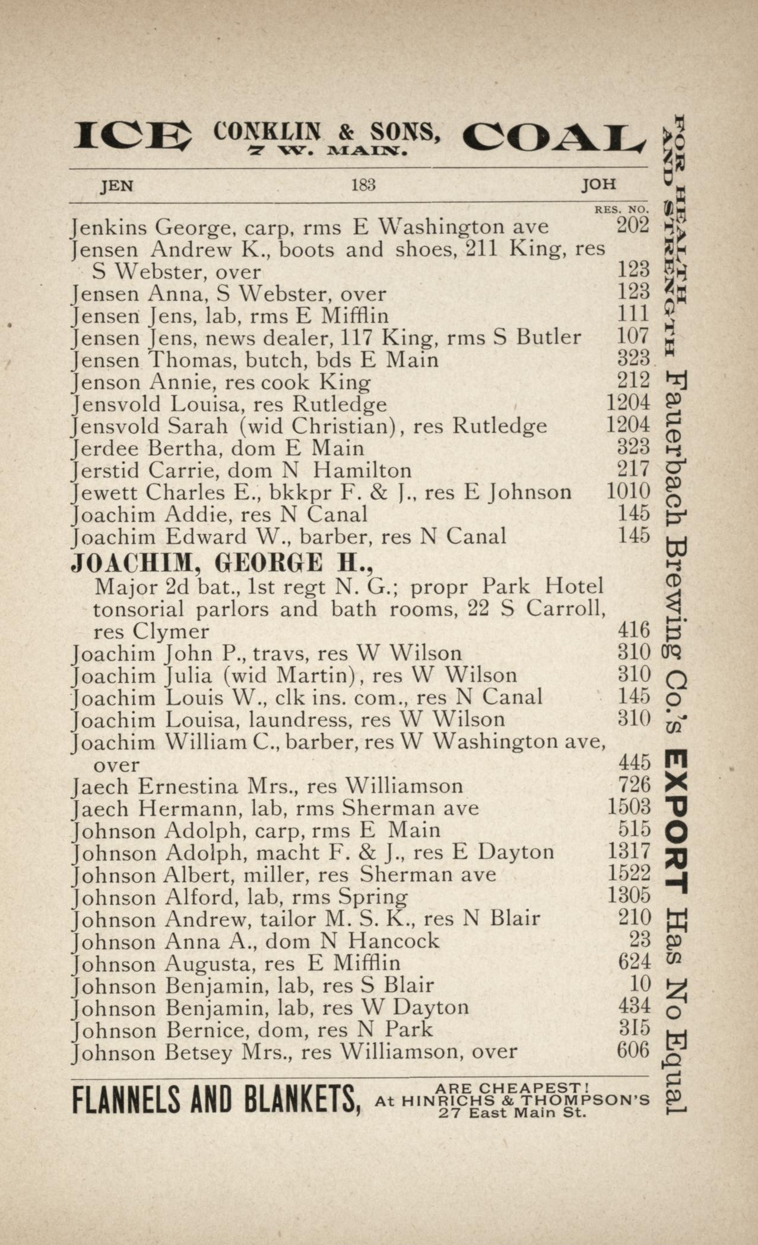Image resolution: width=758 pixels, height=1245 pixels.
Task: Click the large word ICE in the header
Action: click(x=132, y=136)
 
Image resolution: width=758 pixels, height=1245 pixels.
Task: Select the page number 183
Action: click(x=363, y=185)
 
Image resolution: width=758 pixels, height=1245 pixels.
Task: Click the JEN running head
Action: click(x=117, y=186)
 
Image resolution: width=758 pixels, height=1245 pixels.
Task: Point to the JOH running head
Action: click(x=598, y=185)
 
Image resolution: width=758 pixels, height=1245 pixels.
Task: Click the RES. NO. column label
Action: click(x=621, y=209)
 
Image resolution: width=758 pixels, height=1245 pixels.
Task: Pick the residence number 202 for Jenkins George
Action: click(x=633, y=226)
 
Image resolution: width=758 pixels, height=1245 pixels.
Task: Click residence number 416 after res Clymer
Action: click(x=634, y=630)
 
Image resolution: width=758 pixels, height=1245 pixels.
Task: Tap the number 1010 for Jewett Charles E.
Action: click(x=628, y=491)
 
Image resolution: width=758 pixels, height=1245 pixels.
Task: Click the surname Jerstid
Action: click(x=106, y=471)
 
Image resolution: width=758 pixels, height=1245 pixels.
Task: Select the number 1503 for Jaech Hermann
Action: click(x=629, y=807)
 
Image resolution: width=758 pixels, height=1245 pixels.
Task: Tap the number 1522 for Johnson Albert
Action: click(x=629, y=873)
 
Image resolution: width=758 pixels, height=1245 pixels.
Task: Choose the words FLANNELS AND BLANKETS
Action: click(x=217, y=1100)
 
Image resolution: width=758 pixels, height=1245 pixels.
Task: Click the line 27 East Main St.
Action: click(x=513, y=1113)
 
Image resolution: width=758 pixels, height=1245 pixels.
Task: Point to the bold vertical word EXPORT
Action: click(x=676, y=822)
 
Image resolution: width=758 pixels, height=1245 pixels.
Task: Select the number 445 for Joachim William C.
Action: click(x=634, y=763)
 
